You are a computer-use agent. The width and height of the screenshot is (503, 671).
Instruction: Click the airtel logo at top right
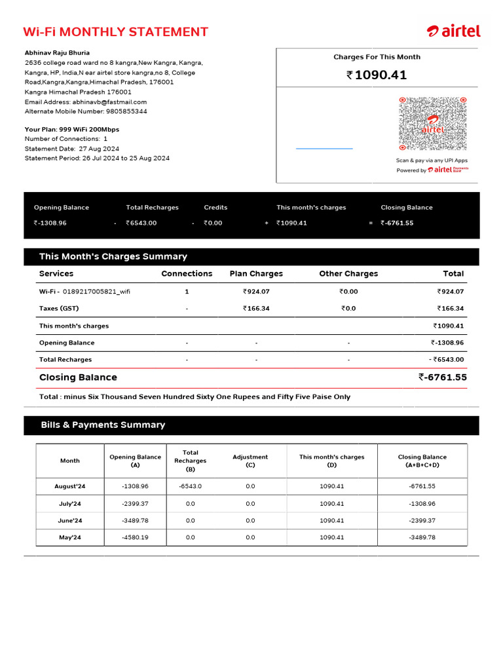coord(454,31)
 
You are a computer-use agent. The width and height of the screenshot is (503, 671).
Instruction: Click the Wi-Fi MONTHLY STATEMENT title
coord(115,32)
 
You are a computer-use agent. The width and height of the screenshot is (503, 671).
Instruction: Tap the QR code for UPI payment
coord(432,124)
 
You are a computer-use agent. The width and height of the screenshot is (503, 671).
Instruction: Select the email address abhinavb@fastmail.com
coord(109,102)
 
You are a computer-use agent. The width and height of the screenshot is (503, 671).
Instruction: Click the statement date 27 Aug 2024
coord(99,149)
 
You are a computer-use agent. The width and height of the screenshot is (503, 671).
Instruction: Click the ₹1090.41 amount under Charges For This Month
coord(377,75)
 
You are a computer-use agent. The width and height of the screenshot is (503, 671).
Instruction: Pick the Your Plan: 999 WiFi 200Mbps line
coord(72,130)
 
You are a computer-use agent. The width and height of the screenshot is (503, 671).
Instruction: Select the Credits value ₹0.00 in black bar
coord(213,223)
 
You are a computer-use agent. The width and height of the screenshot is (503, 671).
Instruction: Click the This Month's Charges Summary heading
coord(113,257)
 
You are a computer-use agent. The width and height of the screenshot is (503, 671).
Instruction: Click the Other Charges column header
coord(348,274)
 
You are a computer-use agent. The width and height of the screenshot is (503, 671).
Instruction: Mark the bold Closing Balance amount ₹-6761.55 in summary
coord(443,377)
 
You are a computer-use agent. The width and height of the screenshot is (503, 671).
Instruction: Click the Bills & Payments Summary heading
coord(103,425)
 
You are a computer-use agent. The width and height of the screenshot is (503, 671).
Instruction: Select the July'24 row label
coord(69,504)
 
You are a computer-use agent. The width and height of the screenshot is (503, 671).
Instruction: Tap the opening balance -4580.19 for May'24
coord(135,537)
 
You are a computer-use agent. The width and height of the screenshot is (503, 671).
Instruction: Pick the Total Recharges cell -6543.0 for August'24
coord(191,487)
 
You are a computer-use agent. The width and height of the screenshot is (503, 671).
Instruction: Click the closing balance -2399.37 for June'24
coord(422,521)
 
